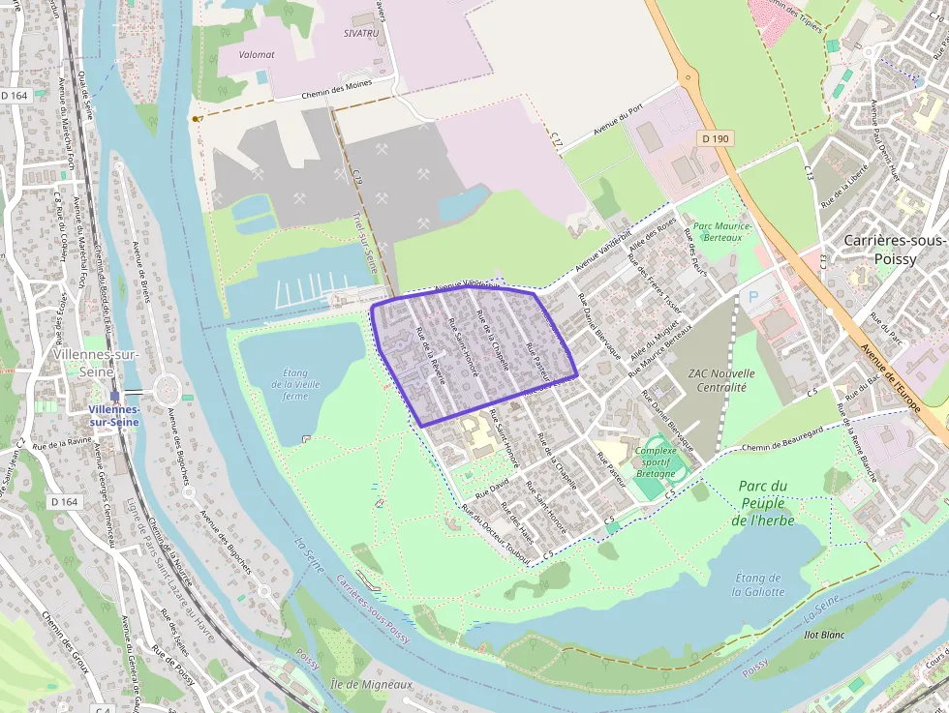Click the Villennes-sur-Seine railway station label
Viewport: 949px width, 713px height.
[113, 416]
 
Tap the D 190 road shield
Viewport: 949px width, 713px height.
[715, 139]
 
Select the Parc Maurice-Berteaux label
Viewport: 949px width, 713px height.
[717, 231]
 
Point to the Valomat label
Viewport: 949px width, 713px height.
[251, 55]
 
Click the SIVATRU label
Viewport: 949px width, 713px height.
[361, 32]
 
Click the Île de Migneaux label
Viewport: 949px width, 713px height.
[372, 684]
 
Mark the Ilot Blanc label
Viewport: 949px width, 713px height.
[798, 635]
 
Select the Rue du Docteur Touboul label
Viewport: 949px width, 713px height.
[496, 532]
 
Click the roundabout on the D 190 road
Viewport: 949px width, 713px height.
[688, 76]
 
